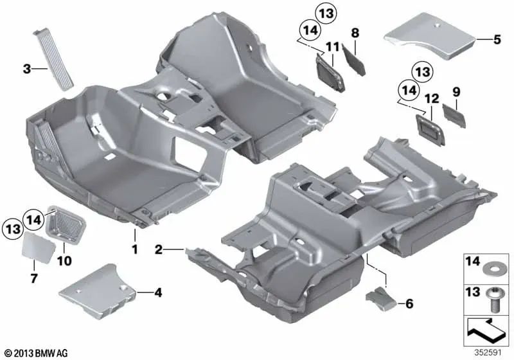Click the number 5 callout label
click(496, 40)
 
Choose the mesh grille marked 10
click(66, 221)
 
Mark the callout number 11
click(332, 46)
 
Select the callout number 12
click(431, 98)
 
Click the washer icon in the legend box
click(493, 265)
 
